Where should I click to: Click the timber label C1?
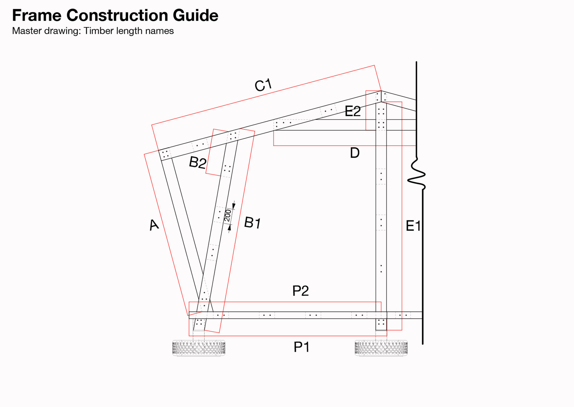tap(263, 85)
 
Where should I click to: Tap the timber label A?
tap(154, 225)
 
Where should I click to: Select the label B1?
tap(253, 223)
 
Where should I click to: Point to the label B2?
tap(197, 162)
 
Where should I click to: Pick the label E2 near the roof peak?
tap(352, 111)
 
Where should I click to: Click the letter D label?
tap(355, 153)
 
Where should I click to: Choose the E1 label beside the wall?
tap(413, 226)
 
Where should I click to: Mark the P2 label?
tap(300, 291)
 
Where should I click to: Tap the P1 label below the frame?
tap(301, 347)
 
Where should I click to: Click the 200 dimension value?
tap(228, 216)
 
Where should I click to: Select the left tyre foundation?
tap(199, 348)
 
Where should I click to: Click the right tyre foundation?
tap(381, 348)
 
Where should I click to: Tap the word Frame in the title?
tap(37, 15)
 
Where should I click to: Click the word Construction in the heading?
tap(117, 15)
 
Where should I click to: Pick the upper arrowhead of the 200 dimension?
tap(234, 206)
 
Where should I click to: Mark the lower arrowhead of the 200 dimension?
tap(229, 228)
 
